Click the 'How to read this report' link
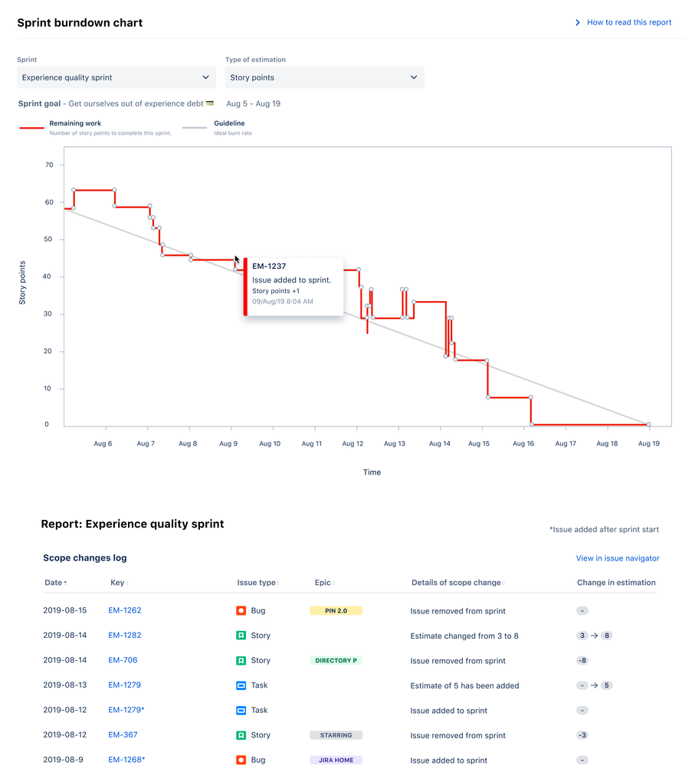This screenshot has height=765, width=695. [x=628, y=22]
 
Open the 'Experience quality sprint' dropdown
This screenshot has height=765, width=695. [x=116, y=77]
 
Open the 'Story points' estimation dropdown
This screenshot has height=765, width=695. [x=324, y=77]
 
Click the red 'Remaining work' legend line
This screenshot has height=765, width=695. [x=31, y=128]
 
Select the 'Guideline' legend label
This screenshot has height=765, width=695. [x=229, y=123]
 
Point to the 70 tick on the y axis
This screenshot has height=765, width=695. [x=49, y=165]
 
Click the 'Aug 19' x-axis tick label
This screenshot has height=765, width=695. [x=649, y=443]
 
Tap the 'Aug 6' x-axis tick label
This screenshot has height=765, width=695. [x=103, y=443]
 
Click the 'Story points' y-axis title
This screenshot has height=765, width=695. [x=22, y=283]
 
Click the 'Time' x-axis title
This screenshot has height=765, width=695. [x=372, y=472]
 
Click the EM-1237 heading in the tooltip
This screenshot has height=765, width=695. [x=269, y=266]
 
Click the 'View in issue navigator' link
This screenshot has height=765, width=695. [x=617, y=558]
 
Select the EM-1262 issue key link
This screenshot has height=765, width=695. [x=125, y=610]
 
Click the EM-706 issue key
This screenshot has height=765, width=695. [x=123, y=660]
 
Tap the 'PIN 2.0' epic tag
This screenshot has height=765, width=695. [x=336, y=611]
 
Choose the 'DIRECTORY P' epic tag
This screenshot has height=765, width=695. [x=336, y=661]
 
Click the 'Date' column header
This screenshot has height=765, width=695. [x=54, y=583]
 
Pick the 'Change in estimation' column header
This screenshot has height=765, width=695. [x=616, y=583]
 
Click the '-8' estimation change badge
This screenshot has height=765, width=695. [x=583, y=661]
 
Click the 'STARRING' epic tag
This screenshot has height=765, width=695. [x=336, y=735]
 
